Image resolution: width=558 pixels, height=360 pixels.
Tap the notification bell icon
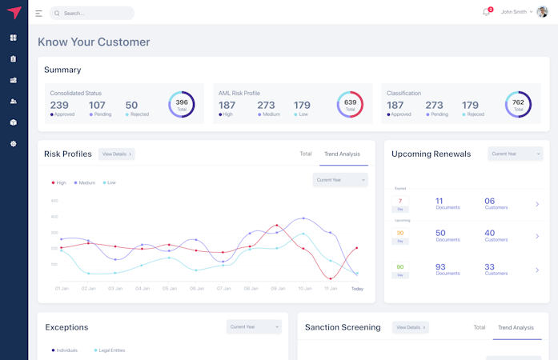[x=485, y=12]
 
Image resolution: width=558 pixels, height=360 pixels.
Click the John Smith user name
[x=514, y=12]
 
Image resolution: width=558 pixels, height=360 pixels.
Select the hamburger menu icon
[x=38, y=13]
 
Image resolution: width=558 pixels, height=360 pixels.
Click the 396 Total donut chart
[x=182, y=104]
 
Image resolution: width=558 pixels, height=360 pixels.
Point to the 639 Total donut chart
[x=350, y=104]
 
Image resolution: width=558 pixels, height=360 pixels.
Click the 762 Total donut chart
[x=518, y=104]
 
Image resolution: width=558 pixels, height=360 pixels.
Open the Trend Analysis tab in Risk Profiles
[x=342, y=154]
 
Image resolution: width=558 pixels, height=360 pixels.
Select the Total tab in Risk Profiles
[x=306, y=154]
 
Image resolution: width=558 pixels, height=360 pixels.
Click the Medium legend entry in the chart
[x=85, y=182]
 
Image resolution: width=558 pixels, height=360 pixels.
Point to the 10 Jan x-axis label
[x=305, y=288]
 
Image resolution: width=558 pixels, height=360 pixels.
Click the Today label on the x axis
[x=357, y=288]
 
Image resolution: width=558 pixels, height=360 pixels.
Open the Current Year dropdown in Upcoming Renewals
[x=515, y=154]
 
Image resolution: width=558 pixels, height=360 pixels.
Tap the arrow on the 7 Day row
[x=537, y=204]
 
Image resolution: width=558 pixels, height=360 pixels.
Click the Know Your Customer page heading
[x=94, y=42]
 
